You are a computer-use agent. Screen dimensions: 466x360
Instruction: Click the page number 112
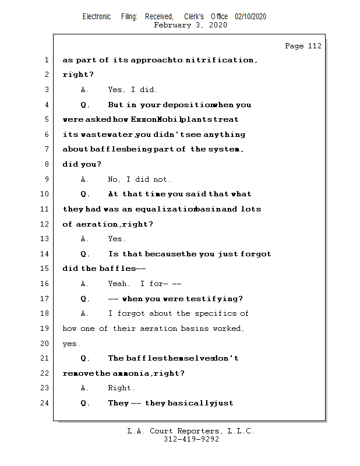coord(314,46)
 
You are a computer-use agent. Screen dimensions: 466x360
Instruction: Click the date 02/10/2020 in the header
coord(250,17)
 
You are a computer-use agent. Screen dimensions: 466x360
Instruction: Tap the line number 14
coord(46,254)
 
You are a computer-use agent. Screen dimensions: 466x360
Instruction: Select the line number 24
coord(46,403)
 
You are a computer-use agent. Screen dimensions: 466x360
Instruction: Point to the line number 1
coord(46,60)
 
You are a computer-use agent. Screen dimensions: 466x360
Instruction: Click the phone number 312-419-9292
coord(191,439)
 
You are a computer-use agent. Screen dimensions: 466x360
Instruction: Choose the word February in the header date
coord(174,25)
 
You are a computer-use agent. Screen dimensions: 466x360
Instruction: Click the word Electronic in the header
coord(97,17)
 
